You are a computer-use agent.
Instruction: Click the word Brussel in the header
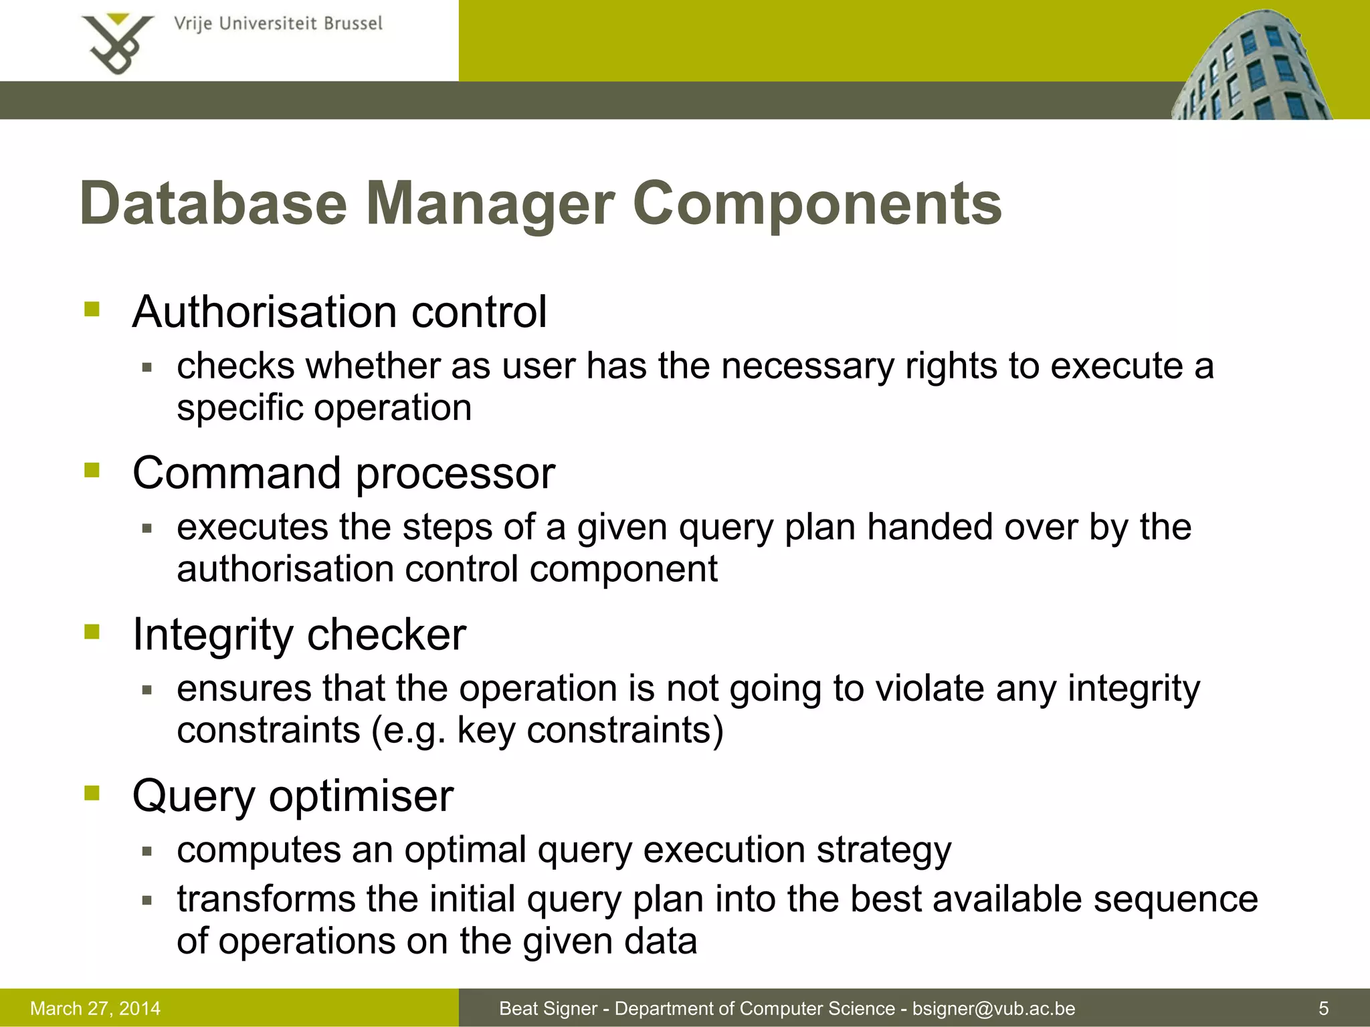tap(353, 24)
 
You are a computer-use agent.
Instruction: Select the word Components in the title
tap(817, 203)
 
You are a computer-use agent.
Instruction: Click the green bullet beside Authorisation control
tap(92, 310)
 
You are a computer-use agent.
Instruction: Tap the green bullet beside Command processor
tap(92, 471)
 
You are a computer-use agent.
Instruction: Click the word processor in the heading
tap(455, 473)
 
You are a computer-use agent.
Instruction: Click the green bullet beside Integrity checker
tap(92, 632)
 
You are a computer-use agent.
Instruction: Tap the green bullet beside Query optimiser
tap(92, 794)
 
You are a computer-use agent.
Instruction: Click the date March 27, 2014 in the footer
tap(96, 1008)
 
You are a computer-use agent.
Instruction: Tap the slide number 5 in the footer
tap(1323, 1008)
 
